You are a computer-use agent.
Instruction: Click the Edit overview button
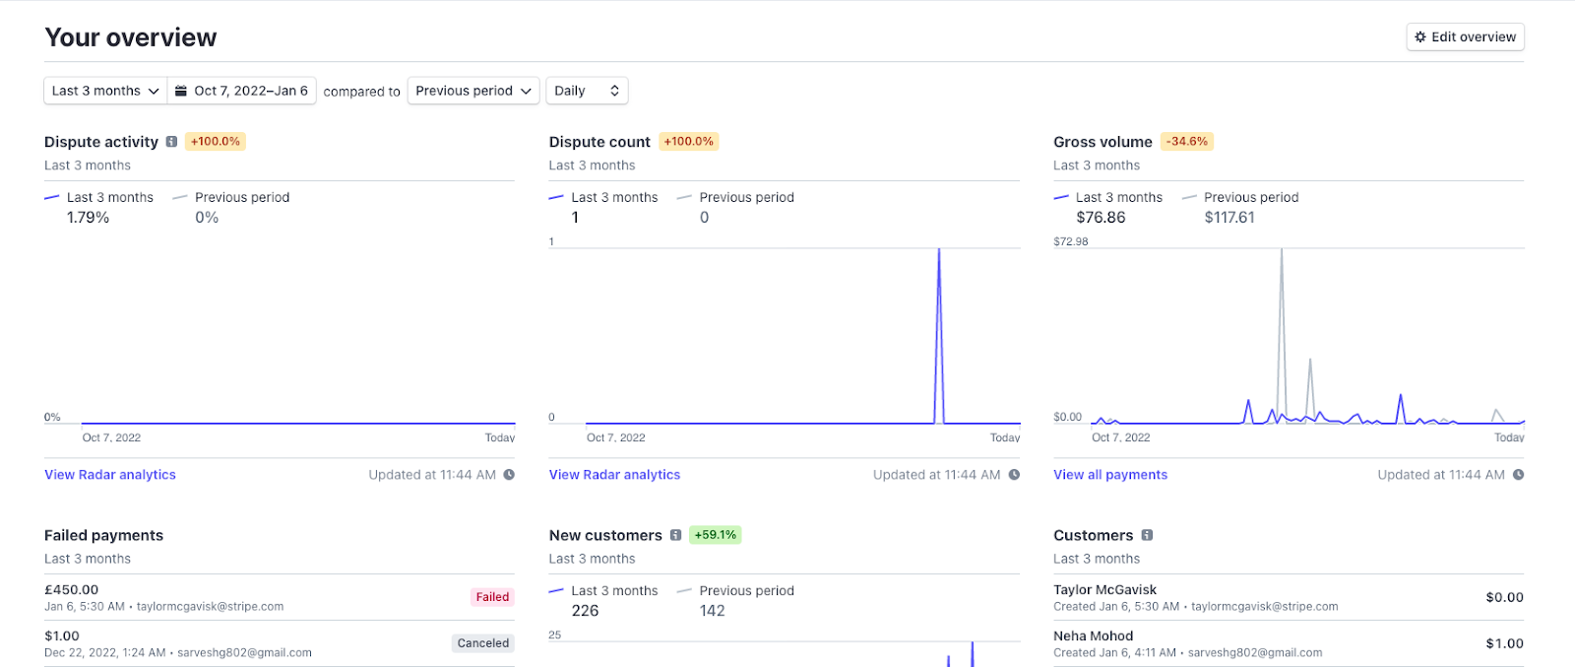(x=1465, y=37)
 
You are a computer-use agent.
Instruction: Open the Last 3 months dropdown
(x=105, y=91)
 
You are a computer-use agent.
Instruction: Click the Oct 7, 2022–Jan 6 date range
(x=242, y=91)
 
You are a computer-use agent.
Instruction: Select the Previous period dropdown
(x=472, y=91)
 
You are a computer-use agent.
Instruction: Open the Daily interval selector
(x=587, y=91)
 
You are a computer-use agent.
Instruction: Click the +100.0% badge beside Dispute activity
(x=216, y=142)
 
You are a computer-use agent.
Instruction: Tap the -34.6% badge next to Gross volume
(x=1186, y=142)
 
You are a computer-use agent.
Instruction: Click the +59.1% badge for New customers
(x=715, y=535)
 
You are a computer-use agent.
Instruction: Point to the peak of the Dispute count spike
(x=939, y=250)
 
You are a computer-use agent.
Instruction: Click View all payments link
(x=1109, y=475)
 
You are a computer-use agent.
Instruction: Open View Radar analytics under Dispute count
(x=614, y=475)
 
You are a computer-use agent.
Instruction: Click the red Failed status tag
(x=492, y=597)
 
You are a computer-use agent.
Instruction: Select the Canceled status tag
(x=483, y=643)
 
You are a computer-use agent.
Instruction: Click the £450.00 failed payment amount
(x=71, y=590)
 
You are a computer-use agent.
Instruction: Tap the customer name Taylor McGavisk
(x=1104, y=590)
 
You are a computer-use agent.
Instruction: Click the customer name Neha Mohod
(x=1093, y=636)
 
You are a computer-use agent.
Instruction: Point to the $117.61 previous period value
(x=1228, y=218)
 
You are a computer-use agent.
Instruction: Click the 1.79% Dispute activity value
(x=88, y=218)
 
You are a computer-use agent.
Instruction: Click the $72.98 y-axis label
(x=1070, y=241)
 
